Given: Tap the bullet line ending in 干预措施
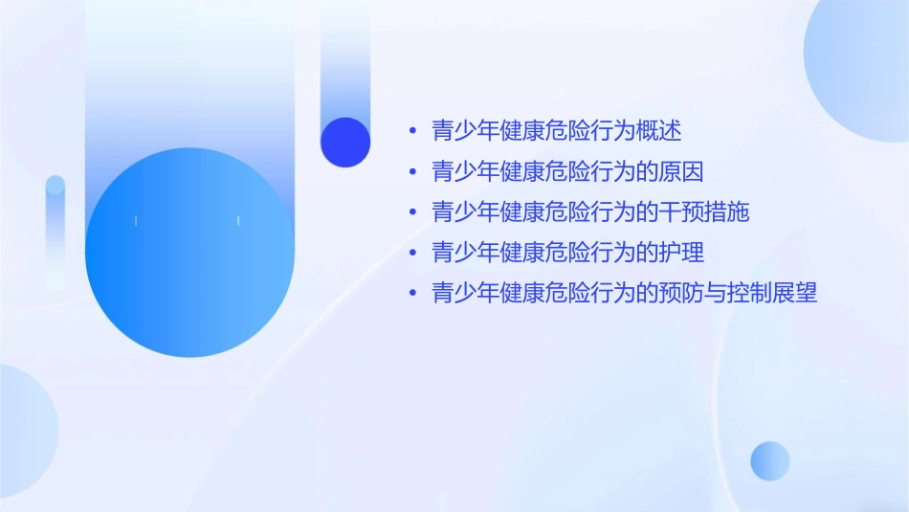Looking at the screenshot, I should click(590, 212).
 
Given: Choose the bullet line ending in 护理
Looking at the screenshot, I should click(567, 253).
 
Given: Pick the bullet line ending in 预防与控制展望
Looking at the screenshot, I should click(624, 293).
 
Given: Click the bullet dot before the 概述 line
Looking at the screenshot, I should click(412, 132).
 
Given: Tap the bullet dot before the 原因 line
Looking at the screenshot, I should click(412, 172).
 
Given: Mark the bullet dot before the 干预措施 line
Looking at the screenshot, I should click(412, 212).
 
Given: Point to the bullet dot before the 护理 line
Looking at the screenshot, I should click(412, 253).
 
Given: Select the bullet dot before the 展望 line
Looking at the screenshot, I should click(412, 294).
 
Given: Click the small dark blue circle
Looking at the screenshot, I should click(345, 143).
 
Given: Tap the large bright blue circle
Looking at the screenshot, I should click(189, 253).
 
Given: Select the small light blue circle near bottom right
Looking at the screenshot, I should click(770, 461).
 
